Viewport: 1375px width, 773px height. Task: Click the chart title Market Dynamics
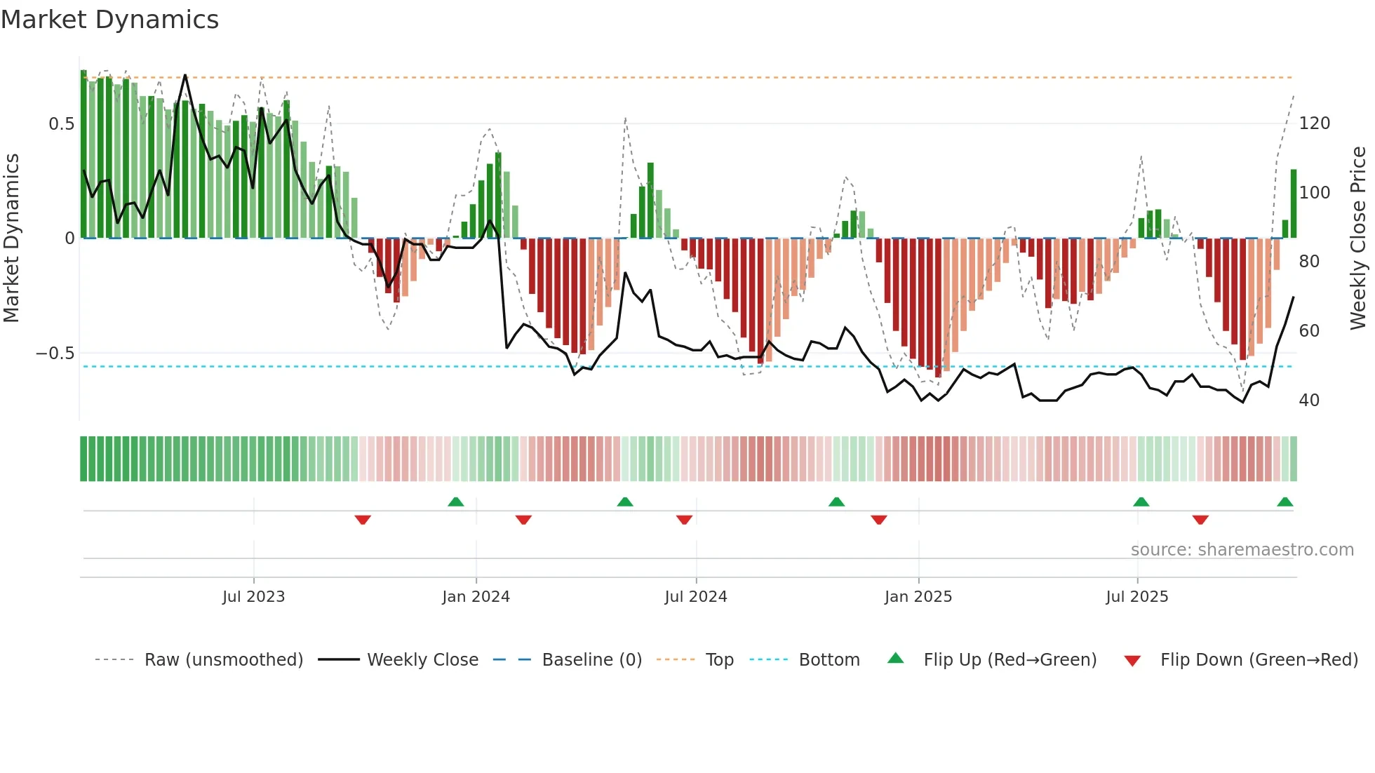click(x=110, y=20)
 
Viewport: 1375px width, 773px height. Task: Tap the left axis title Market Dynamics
click(x=11, y=238)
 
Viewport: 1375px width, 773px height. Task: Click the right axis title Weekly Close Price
click(x=1359, y=238)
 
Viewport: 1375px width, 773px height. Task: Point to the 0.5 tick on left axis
click(x=61, y=124)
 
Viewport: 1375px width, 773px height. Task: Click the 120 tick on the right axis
click(x=1314, y=123)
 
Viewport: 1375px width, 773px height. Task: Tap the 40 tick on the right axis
click(x=1309, y=401)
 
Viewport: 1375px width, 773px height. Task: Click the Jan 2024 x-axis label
click(x=476, y=597)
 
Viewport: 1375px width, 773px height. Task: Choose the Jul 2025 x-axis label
click(x=1136, y=597)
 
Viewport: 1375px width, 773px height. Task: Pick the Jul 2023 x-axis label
click(x=253, y=597)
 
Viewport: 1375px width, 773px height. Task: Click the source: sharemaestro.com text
click(x=1242, y=550)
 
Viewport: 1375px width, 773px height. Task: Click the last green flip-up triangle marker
click(x=1285, y=502)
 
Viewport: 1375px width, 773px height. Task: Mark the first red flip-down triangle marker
click(x=363, y=520)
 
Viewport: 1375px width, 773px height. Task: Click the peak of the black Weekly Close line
click(x=185, y=75)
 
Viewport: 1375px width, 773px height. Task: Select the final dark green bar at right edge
click(x=1294, y=203)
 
